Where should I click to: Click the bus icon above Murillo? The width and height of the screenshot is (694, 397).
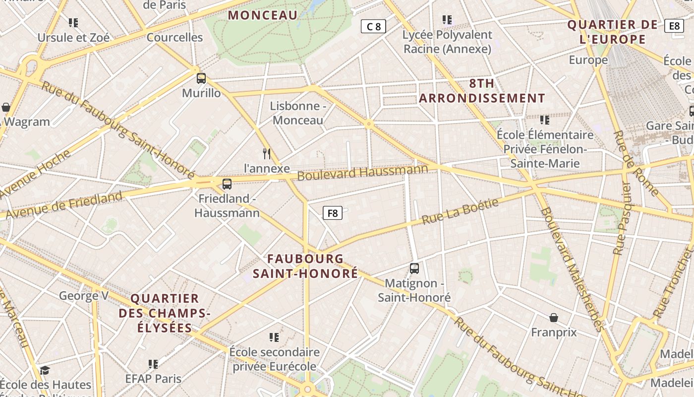coord(201,78)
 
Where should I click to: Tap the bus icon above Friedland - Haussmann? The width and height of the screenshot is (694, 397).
coord(227,184)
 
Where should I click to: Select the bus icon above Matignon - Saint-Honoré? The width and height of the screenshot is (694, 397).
coord(414,268)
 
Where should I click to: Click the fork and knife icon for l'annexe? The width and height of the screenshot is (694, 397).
coord(267,154)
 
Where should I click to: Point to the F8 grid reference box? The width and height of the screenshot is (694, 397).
coord(333,213)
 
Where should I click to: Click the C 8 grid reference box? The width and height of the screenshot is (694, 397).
coord(373,26)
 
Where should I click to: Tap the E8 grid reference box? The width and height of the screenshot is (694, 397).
coord(674,26)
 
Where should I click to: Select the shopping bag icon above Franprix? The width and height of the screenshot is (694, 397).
coord(554,318)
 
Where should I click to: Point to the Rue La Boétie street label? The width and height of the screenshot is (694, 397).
coord(460,211)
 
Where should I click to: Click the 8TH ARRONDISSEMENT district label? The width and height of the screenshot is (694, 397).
coord(482,91)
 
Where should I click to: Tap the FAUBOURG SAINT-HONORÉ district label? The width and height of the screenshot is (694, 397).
coord(305,266)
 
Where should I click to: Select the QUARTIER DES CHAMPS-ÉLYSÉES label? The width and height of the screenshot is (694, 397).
coord(165,313)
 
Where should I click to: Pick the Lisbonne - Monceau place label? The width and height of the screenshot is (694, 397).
coord(297,113)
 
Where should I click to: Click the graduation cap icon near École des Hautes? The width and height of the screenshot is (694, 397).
coord(45,370)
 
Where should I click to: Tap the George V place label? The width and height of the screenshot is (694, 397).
coord(84,296)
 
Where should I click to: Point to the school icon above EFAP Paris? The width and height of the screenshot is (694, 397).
coord(153,364)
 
